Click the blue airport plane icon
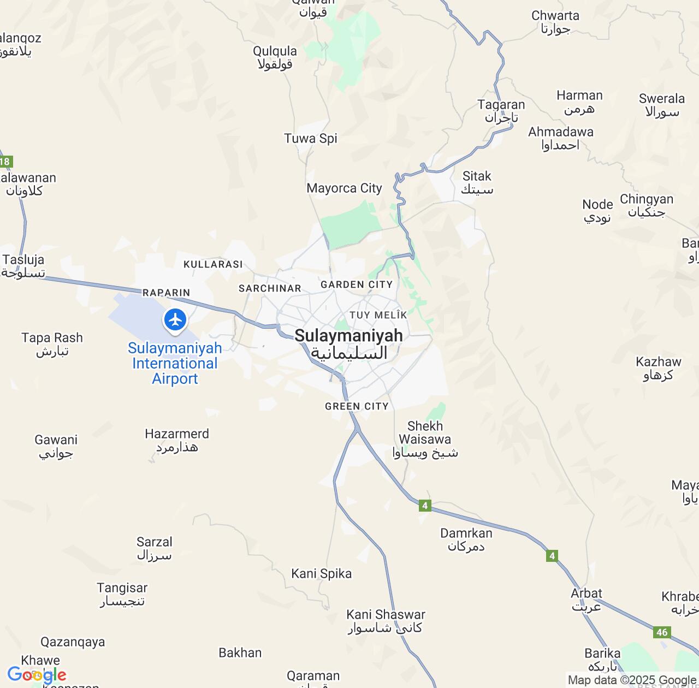175,319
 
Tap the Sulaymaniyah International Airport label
175,363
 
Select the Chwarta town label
555,22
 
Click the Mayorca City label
344,188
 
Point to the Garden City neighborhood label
357,284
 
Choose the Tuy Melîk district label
378,315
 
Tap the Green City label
357,406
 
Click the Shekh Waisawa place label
425,439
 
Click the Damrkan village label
466,539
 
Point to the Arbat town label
587,600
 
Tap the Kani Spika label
322,573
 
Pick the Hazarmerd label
177,440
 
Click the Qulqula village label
275,57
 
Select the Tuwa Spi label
311,138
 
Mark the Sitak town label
477,182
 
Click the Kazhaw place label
659,368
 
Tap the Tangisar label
122,594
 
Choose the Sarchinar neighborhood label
270,288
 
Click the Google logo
37,675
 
